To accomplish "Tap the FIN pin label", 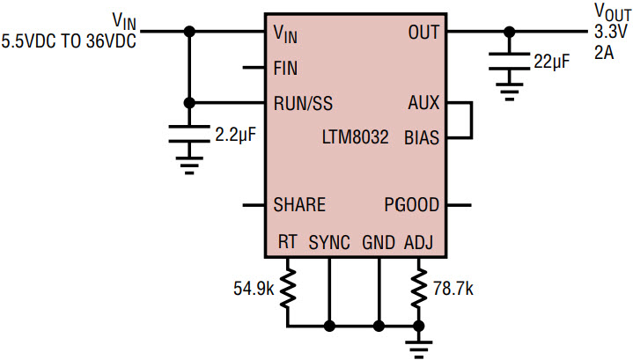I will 285,68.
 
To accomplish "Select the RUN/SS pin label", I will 305,102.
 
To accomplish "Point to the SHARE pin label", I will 299,205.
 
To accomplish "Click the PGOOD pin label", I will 411,205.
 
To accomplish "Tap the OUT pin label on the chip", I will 423,33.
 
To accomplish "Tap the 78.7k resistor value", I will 456,287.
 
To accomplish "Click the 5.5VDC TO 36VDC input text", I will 69,40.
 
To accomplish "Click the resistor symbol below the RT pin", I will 287,288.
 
